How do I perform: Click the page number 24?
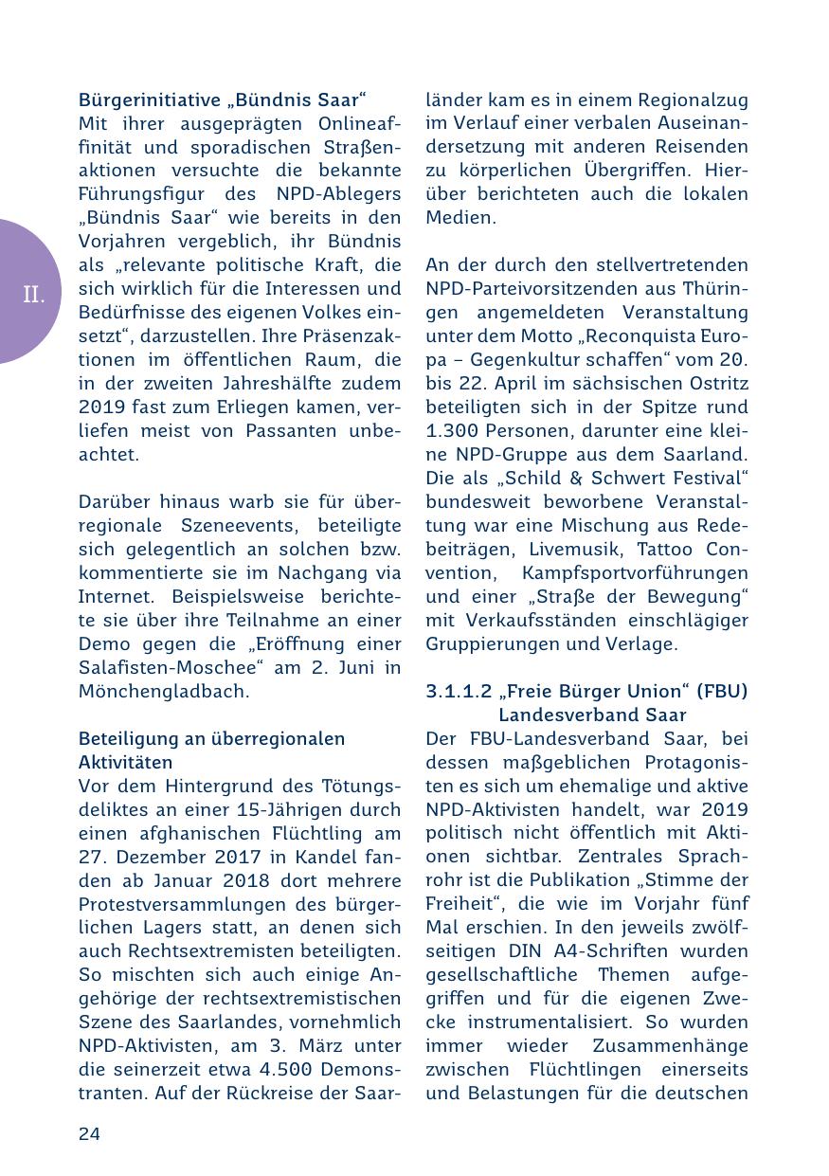89,1134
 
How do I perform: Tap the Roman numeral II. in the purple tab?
34,295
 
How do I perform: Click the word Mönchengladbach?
153,691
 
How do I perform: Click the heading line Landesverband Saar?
592,715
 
